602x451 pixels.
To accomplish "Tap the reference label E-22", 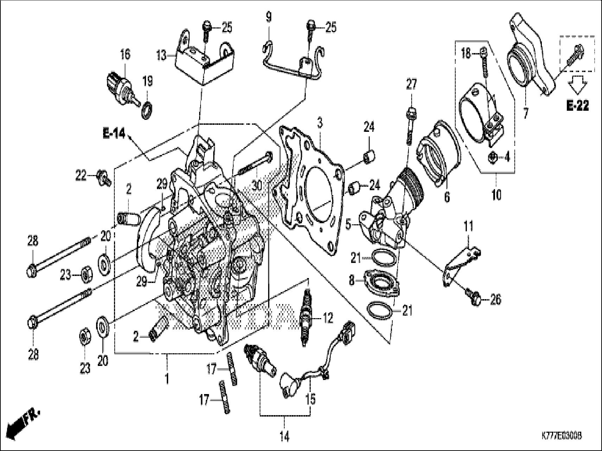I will coord(577,106).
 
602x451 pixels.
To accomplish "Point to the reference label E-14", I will coord(114,134).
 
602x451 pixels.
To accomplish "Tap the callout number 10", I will coord(496,195).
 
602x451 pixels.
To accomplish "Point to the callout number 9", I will coord(268,17).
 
